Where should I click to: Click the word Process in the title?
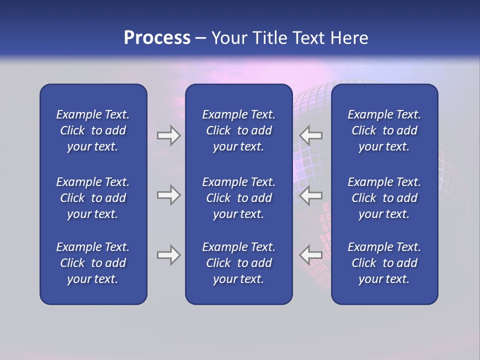157,38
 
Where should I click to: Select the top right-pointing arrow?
168,135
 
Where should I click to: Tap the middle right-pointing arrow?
168,195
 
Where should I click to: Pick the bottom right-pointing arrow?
168,255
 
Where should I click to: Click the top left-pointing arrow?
310,135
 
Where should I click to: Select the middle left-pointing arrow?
310,195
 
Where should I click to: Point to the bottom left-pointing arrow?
310,255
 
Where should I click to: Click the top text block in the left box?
93,130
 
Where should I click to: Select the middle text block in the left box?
93,198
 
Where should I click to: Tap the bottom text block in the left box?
93,263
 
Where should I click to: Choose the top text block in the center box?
238,130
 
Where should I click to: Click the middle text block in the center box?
238,198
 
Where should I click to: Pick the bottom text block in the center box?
238,263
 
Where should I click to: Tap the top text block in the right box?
384,130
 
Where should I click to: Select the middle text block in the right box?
384,198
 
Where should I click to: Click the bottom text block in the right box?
384,263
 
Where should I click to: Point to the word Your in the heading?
229,38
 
